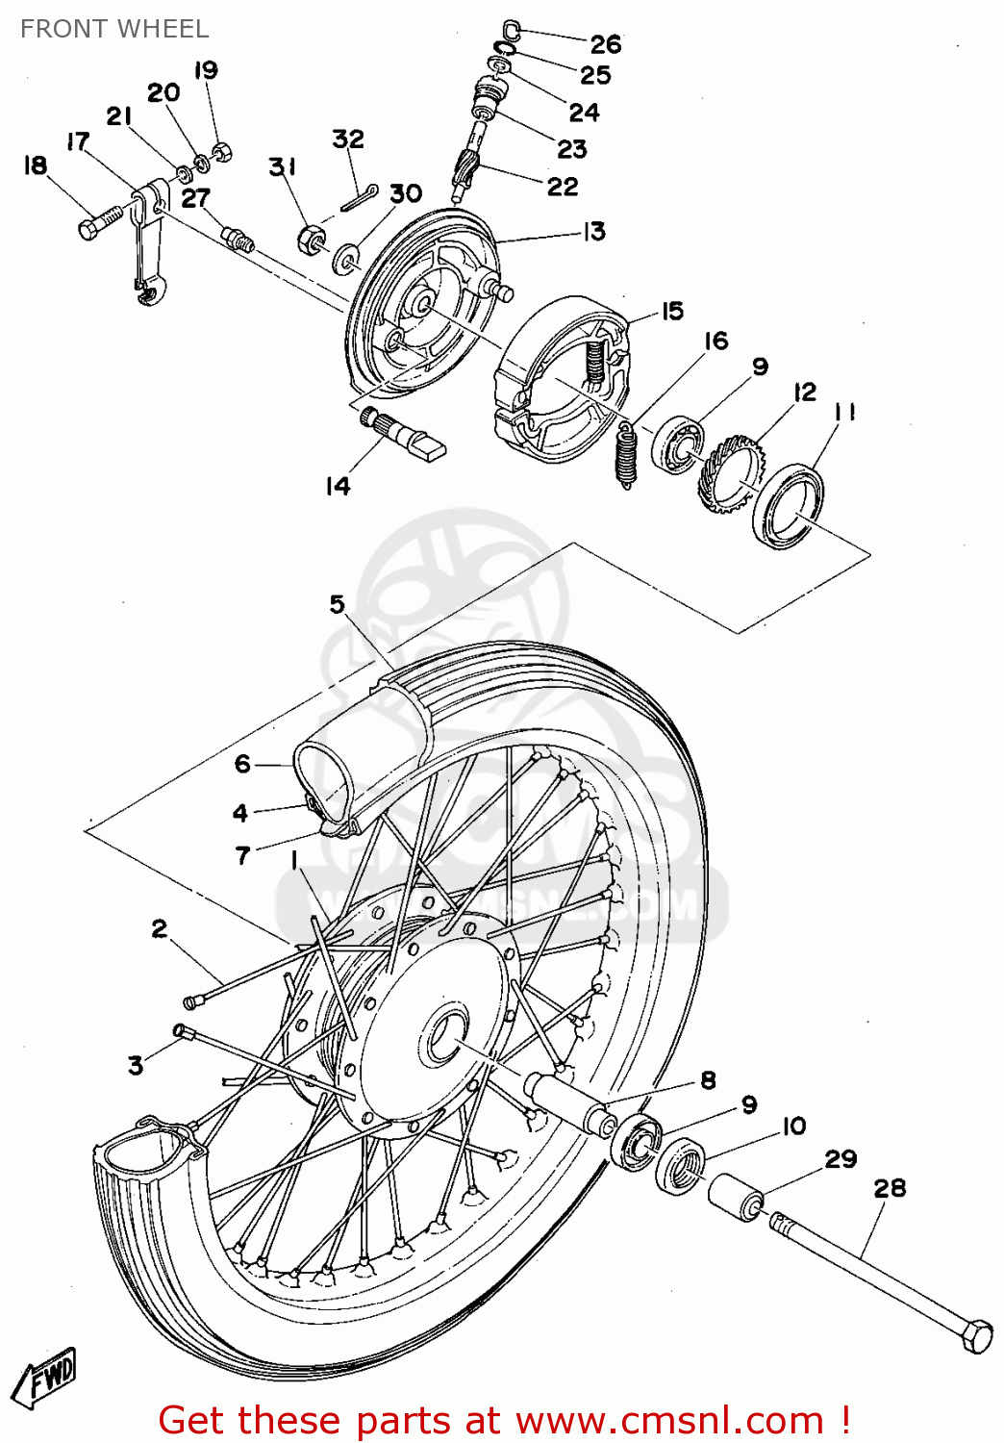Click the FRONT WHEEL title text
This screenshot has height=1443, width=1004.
(x=113, y=29)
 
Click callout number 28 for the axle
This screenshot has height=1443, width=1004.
(x=890, y=1188)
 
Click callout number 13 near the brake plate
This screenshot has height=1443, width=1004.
(x=594, y=231)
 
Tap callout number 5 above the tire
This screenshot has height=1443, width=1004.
(x=337, y=604)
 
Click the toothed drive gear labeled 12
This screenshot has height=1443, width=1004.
(x=731, y=471)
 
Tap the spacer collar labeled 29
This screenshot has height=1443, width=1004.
(x=736, y=1198)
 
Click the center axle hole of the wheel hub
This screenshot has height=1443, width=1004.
(x=444, y=1037)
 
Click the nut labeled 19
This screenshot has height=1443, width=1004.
(x=221, y=151)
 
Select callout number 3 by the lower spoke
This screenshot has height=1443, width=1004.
(x=136, y=1065)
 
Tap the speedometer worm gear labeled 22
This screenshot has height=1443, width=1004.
(x=466, y=171)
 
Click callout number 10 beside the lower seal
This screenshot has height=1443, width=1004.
(x=793, y=1126)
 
